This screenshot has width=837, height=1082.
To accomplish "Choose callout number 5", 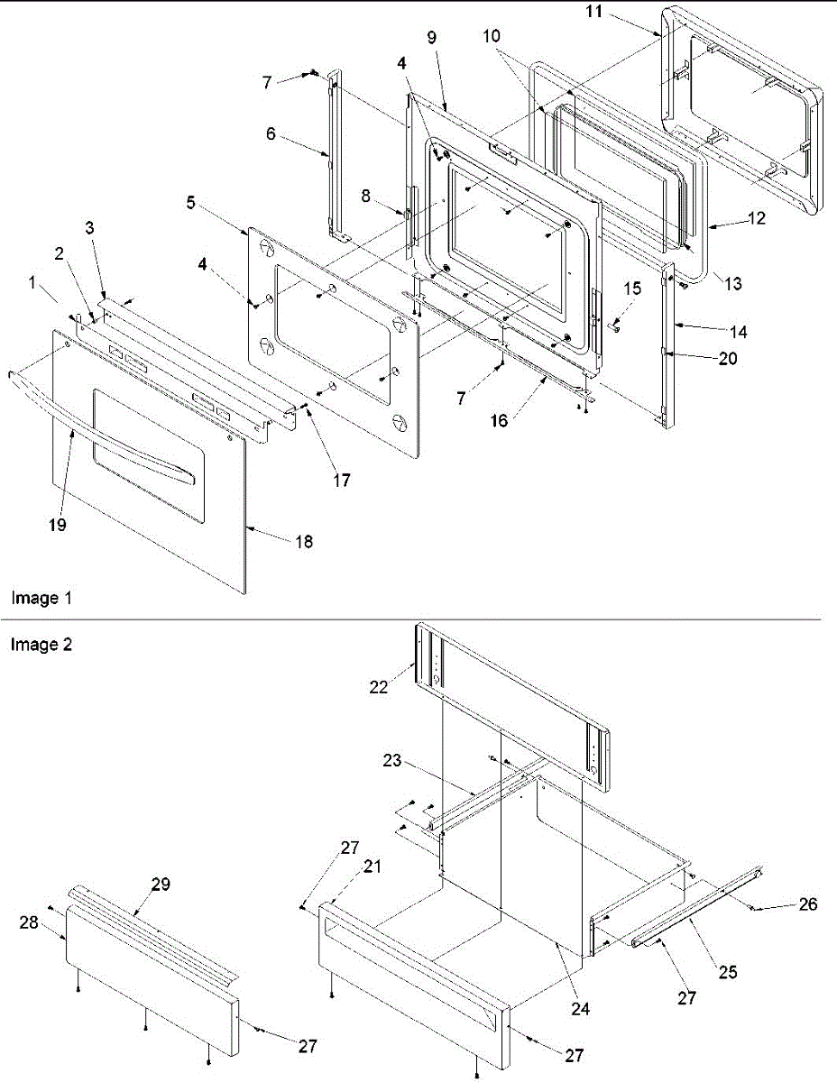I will click(190, 204).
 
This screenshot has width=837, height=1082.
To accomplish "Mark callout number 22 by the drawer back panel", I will click(378, 686).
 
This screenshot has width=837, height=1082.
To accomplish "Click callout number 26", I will click(807, 904).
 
